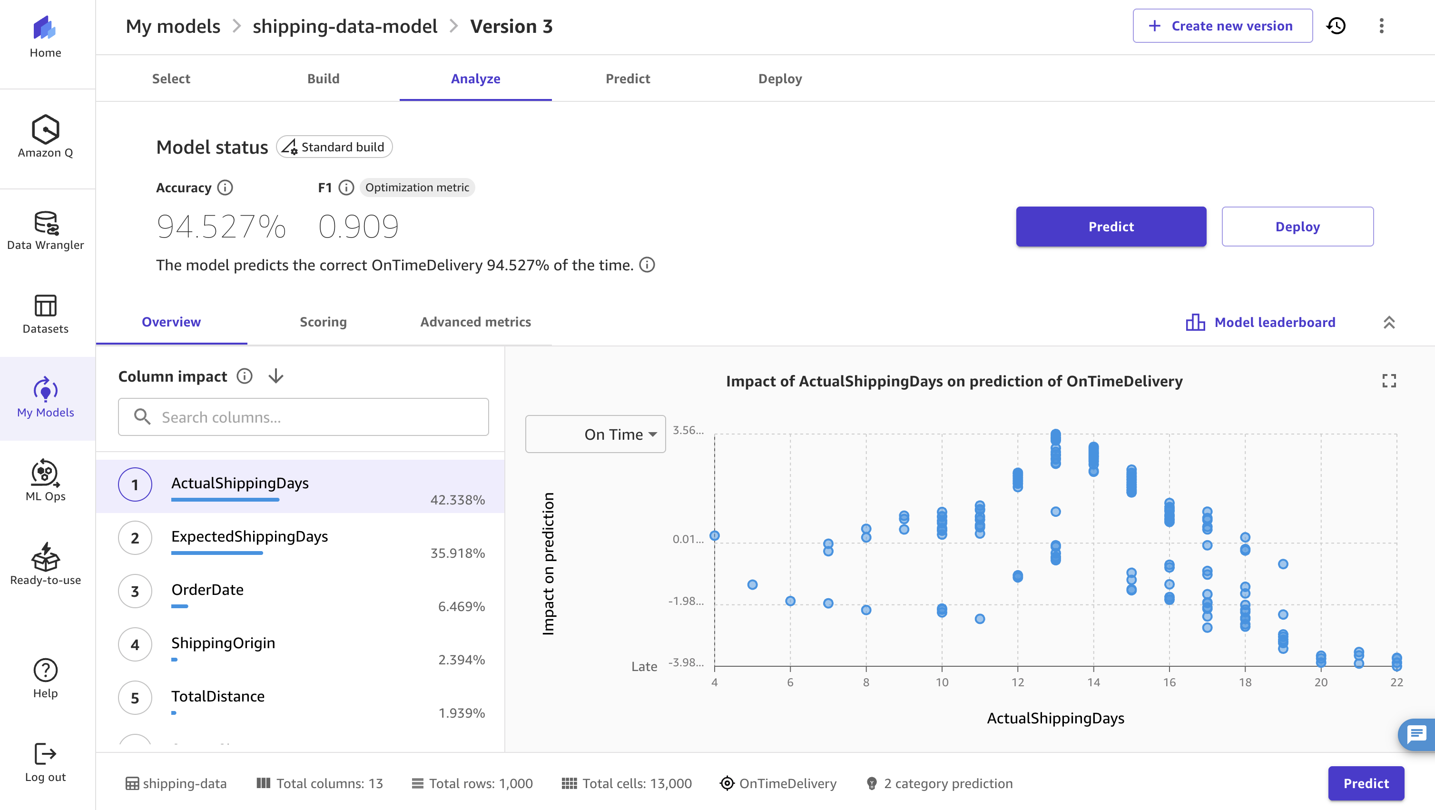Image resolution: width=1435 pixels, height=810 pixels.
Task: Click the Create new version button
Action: click(x=1222, y=26)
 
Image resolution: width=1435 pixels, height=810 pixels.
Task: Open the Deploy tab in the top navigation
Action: click(x=779, y=79)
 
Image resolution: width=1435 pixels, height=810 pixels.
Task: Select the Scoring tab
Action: click(x=323, y=322)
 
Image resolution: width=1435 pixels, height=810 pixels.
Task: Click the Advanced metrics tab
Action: click(x=475, y=322)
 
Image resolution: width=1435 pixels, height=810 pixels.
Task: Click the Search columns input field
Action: click(x=304, y=417)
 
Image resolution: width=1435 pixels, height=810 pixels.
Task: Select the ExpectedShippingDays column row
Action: click(x=250, y=536)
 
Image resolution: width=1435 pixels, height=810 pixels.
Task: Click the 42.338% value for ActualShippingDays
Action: click(x=457, y=500)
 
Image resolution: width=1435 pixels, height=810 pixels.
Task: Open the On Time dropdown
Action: click(x=596, y=434)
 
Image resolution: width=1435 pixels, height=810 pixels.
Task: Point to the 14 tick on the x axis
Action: click(x=1093, y=682)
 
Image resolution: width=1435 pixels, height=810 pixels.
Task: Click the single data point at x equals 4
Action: click(x=715, y=536)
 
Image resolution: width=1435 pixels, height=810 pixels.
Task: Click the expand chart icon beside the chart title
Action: click(x=1389, y=381)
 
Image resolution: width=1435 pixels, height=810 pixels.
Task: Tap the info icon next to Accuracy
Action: click(x=225, y=188)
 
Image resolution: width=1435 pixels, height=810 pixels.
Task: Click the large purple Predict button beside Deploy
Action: click(x=1111, y=227)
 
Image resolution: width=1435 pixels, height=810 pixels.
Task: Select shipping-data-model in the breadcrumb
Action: click(x=345, y=26)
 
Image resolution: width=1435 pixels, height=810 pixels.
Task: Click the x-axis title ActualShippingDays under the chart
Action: click(x=1055, y=718)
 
